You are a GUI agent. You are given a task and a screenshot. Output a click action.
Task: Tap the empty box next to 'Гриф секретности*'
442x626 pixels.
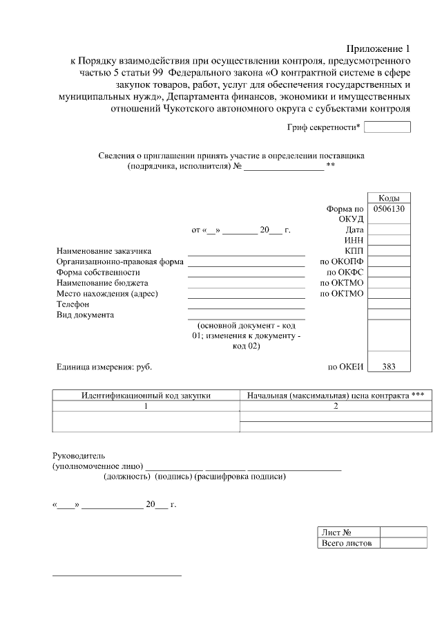(x=387, y=127)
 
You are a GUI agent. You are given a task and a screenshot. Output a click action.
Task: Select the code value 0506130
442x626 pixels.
(x=389, y=208)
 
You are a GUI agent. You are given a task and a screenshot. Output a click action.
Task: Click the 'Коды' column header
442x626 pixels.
(x=389, y=198)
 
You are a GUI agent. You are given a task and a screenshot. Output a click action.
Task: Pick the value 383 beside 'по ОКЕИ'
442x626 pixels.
(x=389, y=367)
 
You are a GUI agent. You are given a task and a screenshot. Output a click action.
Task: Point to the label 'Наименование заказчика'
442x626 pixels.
(x=104, y=250)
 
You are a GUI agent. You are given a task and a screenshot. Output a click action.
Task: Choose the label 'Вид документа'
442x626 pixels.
(x=85, y=315)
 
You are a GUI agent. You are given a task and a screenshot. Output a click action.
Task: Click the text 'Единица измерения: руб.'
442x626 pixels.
(x=104, y=367)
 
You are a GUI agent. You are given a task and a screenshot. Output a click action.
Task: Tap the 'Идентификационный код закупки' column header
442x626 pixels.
(x=146, y=395)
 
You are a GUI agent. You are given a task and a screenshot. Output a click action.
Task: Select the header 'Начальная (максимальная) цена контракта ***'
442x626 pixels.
(x=335, y=395)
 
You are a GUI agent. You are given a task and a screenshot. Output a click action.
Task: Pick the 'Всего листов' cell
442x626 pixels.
(x=347, y=544)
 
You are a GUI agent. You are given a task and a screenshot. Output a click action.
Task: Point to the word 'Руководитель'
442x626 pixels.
(x=79, y=456)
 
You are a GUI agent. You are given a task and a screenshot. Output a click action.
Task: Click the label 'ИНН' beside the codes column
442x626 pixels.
(x=354, y=240)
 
